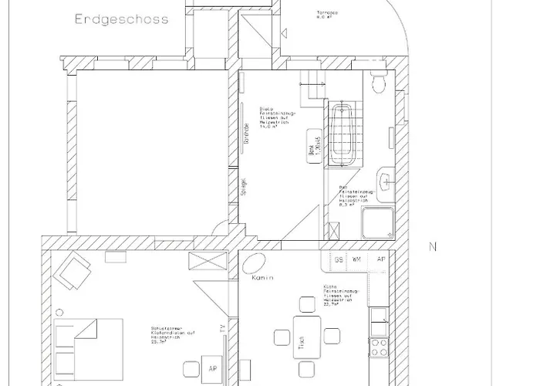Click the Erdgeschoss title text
click(x=121, y=19)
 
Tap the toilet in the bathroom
click(x=379, y=80)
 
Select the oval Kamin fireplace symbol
click(x=252, y=264)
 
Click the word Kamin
click(x=264, y=279)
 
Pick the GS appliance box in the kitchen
click(x=339, y=260)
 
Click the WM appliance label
click(x=357, y=260)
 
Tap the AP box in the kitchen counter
click(x=380, y=260)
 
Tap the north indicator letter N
click(x=433, y=248)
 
